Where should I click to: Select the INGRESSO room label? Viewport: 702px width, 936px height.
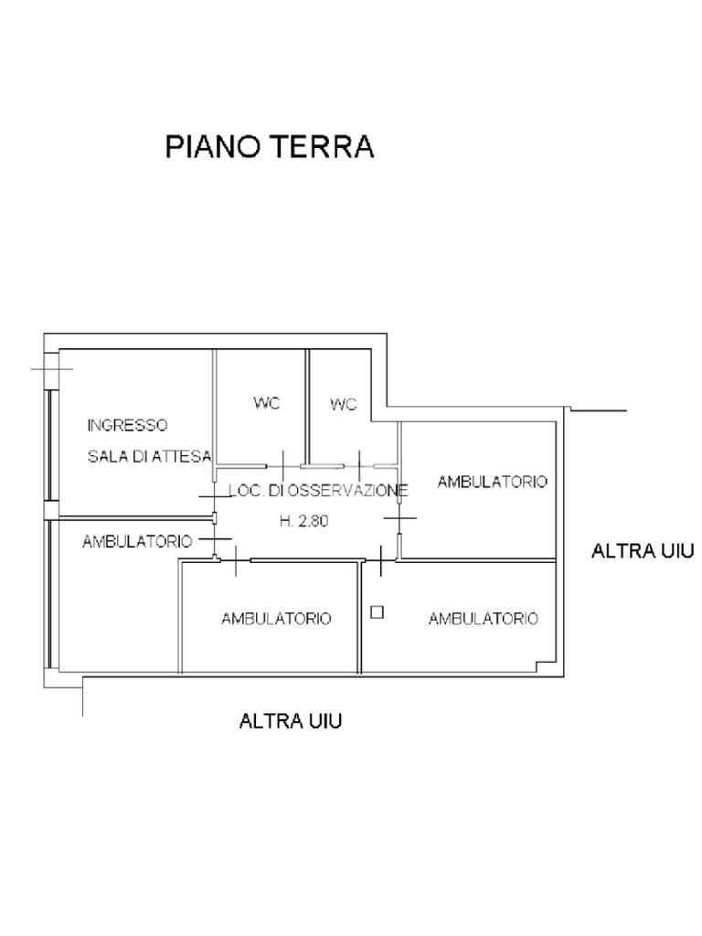coord(127,425)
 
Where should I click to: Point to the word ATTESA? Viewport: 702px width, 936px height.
coord(186,456)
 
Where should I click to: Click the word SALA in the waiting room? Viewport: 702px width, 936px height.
coord(107,456)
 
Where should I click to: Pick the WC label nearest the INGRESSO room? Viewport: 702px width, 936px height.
coord(266,402)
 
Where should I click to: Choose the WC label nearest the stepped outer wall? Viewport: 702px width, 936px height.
coord(344,404)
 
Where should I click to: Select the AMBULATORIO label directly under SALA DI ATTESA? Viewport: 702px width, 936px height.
coord(137,541)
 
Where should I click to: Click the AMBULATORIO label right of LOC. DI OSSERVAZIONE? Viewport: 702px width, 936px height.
coord(492,482)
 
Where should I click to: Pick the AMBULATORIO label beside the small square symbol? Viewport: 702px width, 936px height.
coord(483,619)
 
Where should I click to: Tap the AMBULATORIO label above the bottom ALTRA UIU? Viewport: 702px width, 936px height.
coord(276,619)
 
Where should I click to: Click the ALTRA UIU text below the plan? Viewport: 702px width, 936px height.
coord(291,721)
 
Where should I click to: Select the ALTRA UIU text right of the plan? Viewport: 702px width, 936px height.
coord(643,550)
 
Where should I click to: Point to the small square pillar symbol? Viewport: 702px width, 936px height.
coord(377,612)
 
